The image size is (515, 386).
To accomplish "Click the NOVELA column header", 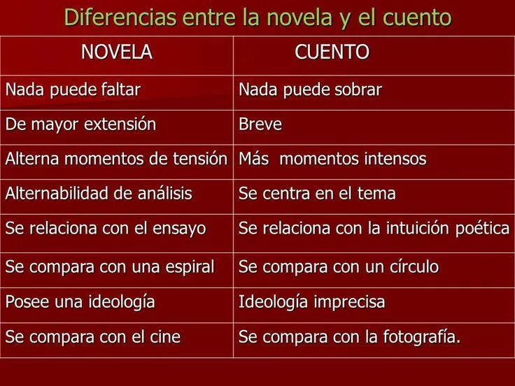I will [x=117, y=52].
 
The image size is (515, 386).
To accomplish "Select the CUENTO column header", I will [x=332, y=52].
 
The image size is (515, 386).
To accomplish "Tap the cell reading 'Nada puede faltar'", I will [x=73, y=90].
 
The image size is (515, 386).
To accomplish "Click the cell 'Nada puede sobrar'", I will [x=310, y=90].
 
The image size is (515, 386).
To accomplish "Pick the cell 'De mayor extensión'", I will [x=80, y=125].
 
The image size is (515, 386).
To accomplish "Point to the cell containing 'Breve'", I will [x=260, y=125].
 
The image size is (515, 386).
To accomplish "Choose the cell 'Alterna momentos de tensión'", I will [x=116, y=159].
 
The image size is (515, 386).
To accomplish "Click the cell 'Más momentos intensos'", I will [x=332, y=159].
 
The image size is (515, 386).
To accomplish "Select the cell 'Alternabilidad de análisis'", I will [x=99, y=194].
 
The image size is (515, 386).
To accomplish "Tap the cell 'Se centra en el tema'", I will [x=317, y=194].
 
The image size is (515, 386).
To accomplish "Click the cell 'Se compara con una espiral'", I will [x=109, y=267].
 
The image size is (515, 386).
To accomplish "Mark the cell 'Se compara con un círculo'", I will [x=339, y=267].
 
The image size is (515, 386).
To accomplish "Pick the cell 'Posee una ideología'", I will [x=80, y=303].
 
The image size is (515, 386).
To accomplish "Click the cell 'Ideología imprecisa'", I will [x=311, y=303].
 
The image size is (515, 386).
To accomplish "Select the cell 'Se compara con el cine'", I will [x=93, y=337].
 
